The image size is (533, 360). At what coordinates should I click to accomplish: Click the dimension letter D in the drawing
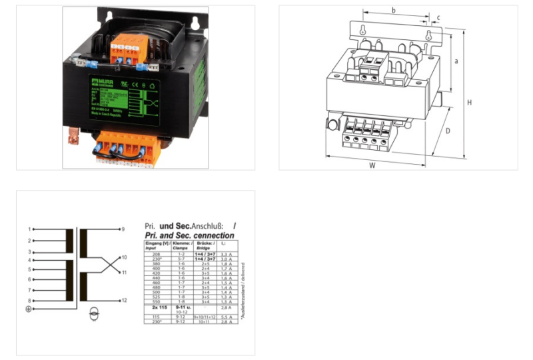coord(448,131)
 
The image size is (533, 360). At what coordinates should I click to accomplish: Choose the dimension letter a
coord(456,61)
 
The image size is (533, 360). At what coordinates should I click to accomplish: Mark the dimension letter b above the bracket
coord(394,10)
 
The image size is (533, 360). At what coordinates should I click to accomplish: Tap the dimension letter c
coord(438,17)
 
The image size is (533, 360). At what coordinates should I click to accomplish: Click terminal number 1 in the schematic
coord(29,229)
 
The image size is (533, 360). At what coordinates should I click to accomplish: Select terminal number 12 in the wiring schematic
coord(123,301)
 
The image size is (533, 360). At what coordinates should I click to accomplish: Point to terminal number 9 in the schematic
coord(123,229)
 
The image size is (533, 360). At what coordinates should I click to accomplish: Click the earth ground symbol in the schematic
coord(28,309)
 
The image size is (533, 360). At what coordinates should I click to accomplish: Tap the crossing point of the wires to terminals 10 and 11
coord(100,265)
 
